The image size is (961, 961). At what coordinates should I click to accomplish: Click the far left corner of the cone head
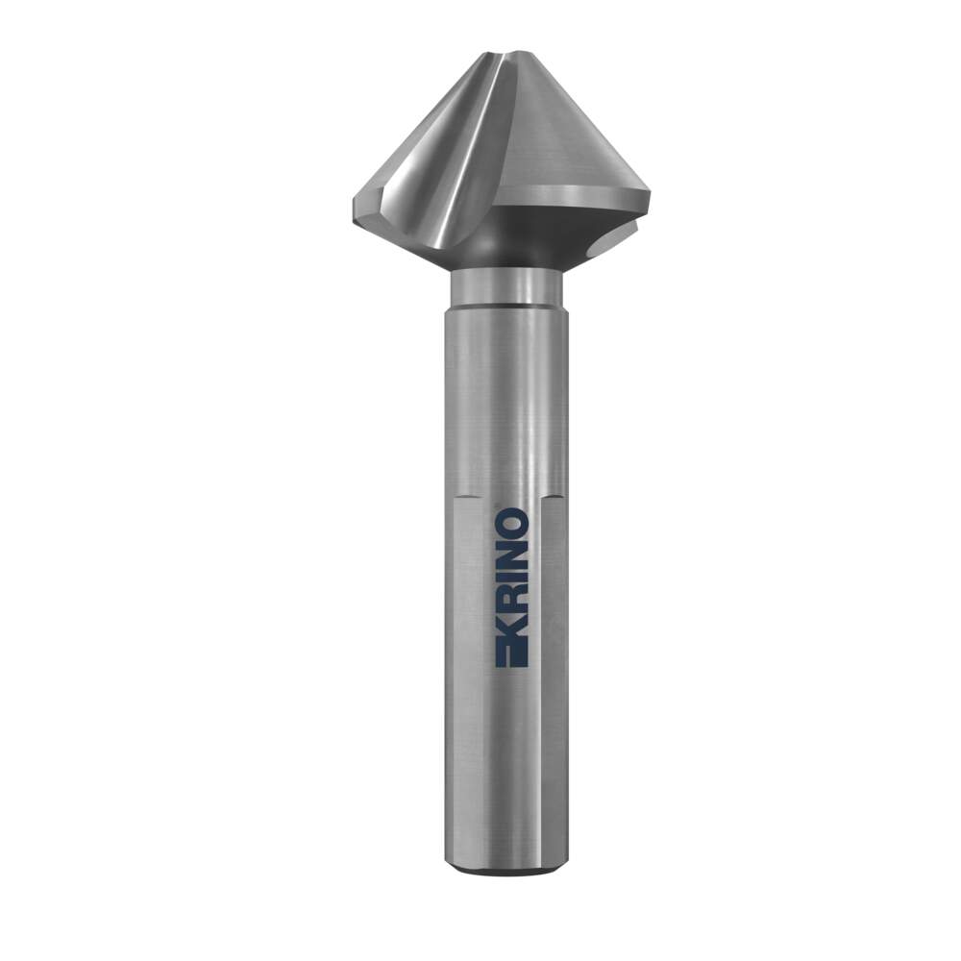[354, 209]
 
